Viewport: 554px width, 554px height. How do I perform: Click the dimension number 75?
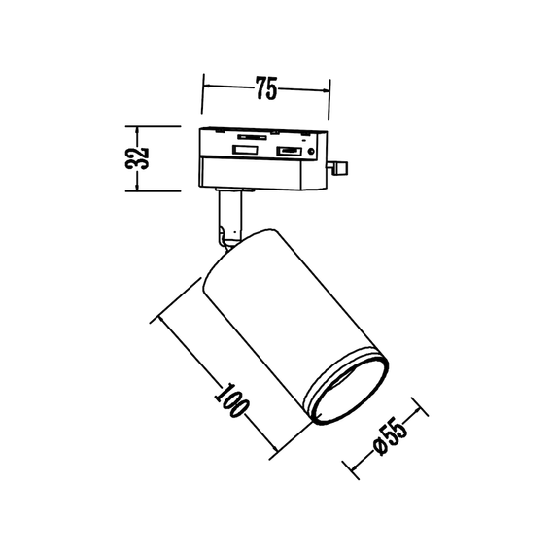(266, 90)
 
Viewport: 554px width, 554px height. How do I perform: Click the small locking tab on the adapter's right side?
(340, 168)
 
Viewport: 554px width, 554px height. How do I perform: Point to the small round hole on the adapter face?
(310, 152)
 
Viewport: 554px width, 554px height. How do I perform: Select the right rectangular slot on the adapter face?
(288, 151)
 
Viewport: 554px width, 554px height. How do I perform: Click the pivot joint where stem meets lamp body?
(227, 236)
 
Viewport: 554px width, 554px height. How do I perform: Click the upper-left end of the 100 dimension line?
(156, 316)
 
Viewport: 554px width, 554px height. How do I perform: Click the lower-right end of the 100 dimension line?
(275, 449)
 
